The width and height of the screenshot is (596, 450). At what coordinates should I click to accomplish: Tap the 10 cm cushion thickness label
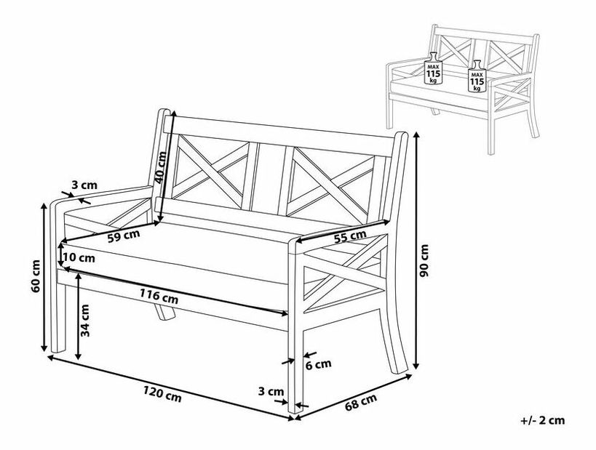[79, 257]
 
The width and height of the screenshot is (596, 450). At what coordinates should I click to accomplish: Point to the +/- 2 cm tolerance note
[543, 419]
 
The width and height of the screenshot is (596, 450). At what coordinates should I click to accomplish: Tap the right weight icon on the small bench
[477, 76]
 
